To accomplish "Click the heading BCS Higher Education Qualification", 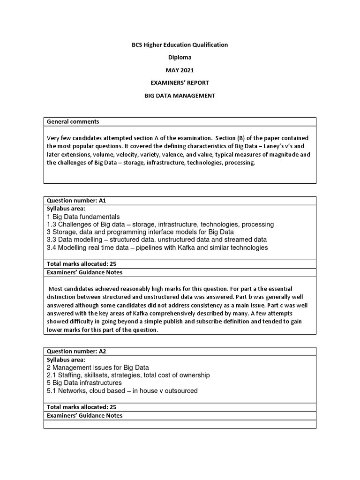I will click(180, 45).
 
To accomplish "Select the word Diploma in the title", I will click(180, 57).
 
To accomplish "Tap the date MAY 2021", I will click(180, 70).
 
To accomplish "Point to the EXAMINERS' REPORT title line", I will click(180, 82).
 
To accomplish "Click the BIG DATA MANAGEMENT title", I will click(180, 95).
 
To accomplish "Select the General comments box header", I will click(73, 121).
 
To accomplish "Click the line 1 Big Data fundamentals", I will click(83, 217).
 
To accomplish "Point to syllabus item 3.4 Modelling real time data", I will click(157, 247).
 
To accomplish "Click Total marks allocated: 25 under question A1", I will click(81, 264).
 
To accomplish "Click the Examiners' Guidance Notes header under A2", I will click(84, 415).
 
